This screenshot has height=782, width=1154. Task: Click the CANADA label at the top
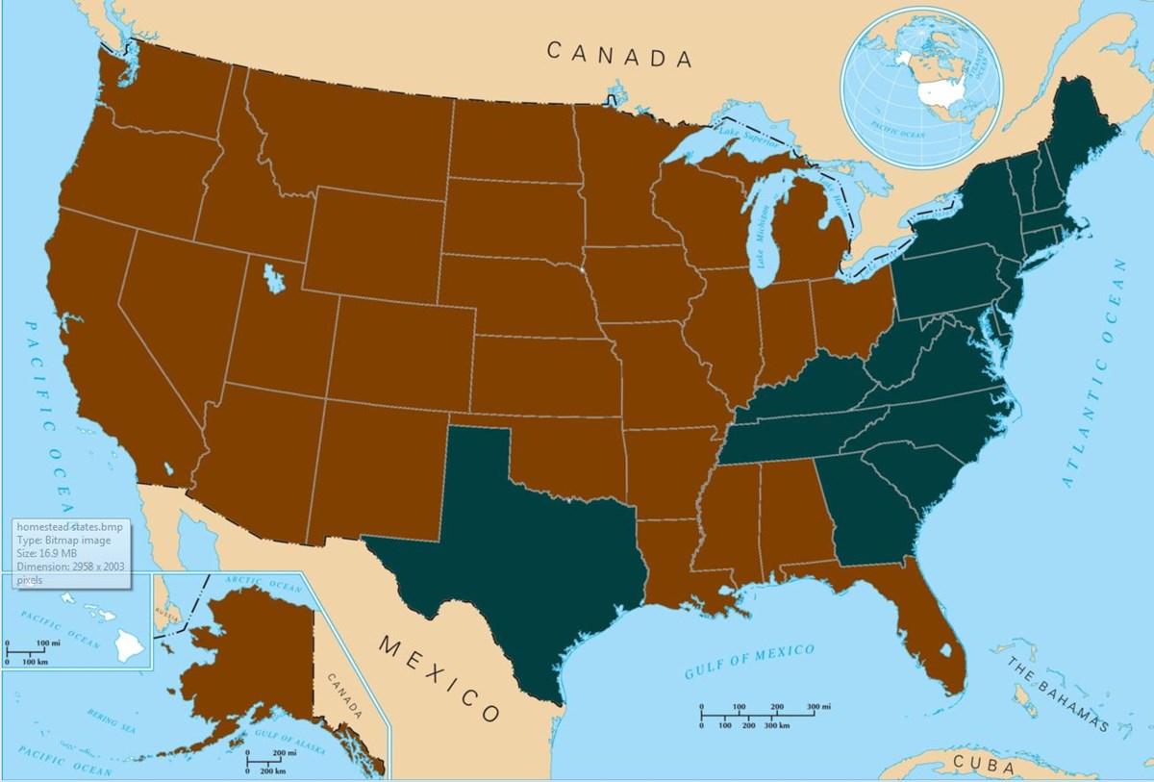pos(619,55)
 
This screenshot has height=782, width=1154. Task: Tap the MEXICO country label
pos(439,677)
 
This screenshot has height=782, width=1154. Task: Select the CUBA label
pos(983,767)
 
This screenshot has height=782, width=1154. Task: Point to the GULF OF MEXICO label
pos(749,662)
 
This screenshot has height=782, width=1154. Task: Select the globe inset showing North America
pos(921,87)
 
